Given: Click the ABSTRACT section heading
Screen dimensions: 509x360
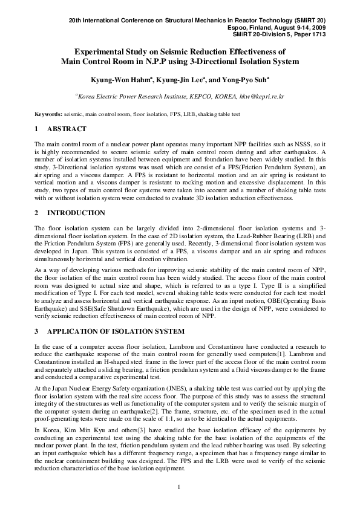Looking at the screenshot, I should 67,129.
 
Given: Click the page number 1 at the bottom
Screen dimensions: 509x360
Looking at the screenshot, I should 180,487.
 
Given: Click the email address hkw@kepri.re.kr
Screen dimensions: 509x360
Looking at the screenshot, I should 261,96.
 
